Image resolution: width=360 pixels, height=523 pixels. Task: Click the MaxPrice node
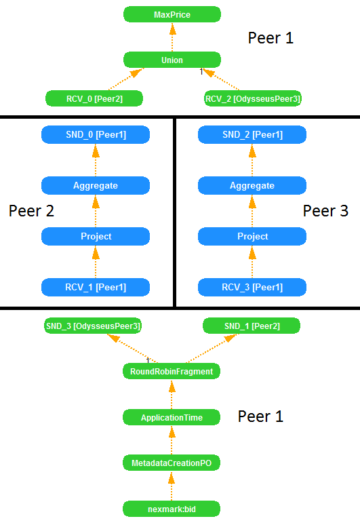pyautogui.click(x=172, y=14)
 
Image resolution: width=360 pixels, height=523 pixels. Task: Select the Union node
pyautogui.click(x=172, y=60)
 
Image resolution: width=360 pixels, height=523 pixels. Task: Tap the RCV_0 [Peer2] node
pyautogui.click(x=94, y=99)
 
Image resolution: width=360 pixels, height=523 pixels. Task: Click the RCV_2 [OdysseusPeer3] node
pyautogui.click(x=252, y=99)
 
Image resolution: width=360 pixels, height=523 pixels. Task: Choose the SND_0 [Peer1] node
pyautogui.click(x=95, y=135)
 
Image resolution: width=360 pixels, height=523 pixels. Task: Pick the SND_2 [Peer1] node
pyautogui.click(x=252, y=135)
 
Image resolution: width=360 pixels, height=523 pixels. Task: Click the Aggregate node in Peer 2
pyautogui.click(x=95, y=185)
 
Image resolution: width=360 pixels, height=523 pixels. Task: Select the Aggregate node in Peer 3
pyautogui.click(x=252, y=185)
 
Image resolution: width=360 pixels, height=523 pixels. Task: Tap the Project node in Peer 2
pyautogui.click(x=95, y=236)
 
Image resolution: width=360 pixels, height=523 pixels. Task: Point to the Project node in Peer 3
pyautogui.click(x=252, y=236)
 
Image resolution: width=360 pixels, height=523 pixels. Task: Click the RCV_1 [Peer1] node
pyautogui.click(x=95, y=287)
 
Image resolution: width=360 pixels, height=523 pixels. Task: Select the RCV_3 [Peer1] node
pyautogui.click(x=252, y=287)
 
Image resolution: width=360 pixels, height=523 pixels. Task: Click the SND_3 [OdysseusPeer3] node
pyautogui.click(x=92, y=326)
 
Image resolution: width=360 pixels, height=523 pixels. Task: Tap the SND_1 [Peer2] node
pyautogui.click(x=252, y=326)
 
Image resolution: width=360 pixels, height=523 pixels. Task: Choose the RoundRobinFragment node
pyautogui.click(x=172, y=371)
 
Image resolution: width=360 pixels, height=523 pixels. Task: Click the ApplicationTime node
pyautogui.click(x=172, y=418)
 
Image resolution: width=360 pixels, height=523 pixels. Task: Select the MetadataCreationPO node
pyautogui.click(x=172, y=463)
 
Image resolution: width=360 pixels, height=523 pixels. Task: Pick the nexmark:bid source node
pyautogui.click(x=172, y=508)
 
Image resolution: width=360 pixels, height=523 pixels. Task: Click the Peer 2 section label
pyautogui.click(x=31, y=211)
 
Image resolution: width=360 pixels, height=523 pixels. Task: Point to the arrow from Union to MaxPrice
pyautogui.click(x=172, y=37)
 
